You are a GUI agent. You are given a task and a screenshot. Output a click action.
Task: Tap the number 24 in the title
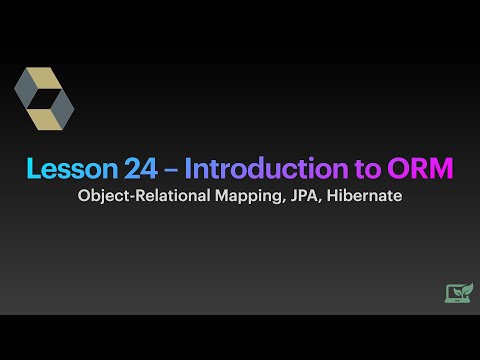(x=129, y=169)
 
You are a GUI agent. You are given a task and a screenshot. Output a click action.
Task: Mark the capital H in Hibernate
(x=334, y=196)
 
